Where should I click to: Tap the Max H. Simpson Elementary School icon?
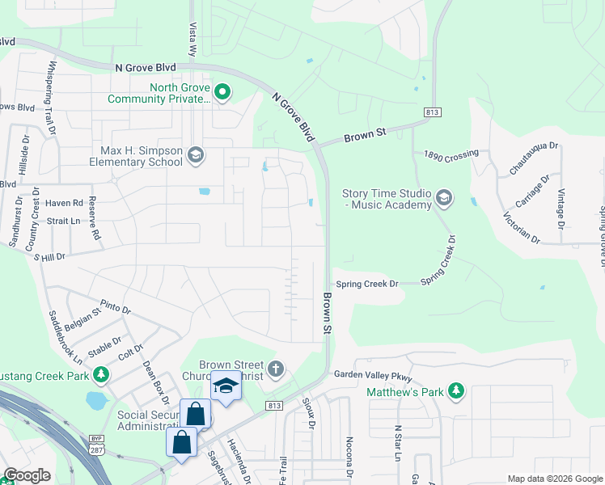click(x=194, y=154)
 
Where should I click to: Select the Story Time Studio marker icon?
click(x=442, y=197)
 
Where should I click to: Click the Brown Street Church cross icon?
click(x=276, y=370)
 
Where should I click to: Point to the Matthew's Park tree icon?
click(x=456, y=391)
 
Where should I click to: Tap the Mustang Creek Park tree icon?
click(x=100, y=375)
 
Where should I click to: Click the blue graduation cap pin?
click(x=226, y=386)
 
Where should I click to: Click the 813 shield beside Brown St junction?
click(x=431, y=112)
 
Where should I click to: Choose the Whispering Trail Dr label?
click(x=52, y=97)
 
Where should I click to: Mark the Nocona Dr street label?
click(x=349, y=458)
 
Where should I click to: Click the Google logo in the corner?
click(x=27, y=475)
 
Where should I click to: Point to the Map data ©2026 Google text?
click(x=554, y=479)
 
